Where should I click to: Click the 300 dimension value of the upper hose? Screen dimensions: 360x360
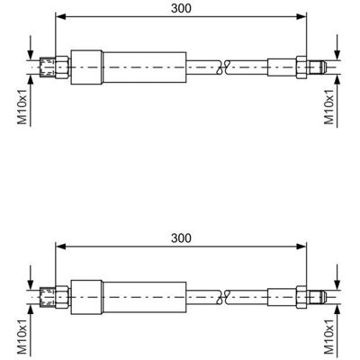pos(181,8)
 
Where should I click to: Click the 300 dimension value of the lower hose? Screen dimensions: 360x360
pos(181,238)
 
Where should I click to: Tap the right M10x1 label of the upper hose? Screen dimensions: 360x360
pos(329,107)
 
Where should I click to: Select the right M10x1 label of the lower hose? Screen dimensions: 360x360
pos(329,337)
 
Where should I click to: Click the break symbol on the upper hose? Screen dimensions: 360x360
pos(223,67)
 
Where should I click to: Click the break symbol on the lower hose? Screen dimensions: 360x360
pos(223,297)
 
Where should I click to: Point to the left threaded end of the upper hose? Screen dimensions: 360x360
pos(48,67)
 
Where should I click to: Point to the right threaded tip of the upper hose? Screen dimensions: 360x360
pos(317,67)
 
